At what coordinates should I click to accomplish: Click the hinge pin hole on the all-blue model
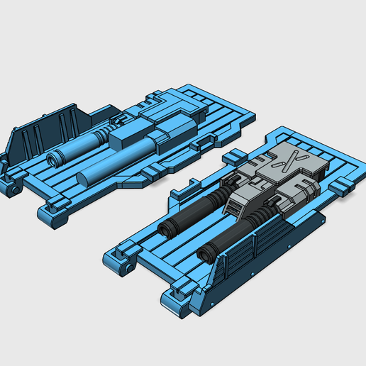click(x=13, y=190)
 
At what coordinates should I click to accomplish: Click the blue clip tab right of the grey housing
click(x=341, y=186)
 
